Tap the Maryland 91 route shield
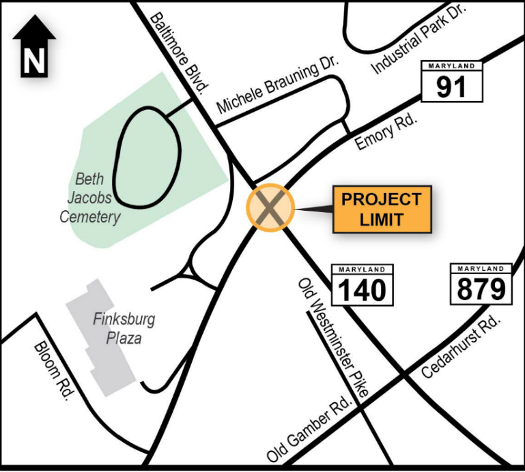point(451,82)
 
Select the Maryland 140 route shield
point(362,285)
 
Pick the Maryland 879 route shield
point(481,284)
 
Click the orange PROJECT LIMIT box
point(382,209)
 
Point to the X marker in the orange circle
point(270,207)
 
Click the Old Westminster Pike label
point(333,338)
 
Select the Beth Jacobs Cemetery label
point(90,198)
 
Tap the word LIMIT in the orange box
point(382,220)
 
